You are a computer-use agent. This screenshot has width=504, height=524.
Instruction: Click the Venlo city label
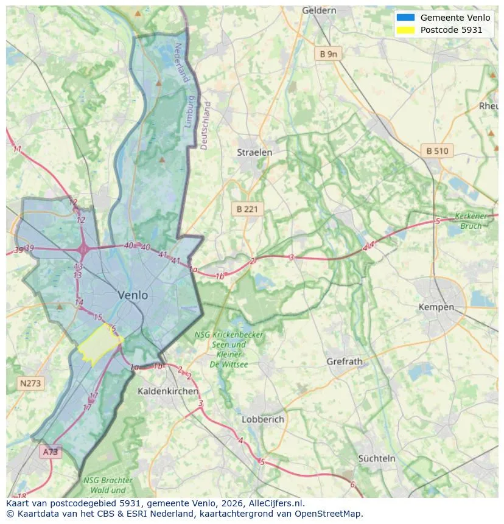[x=133, y=295]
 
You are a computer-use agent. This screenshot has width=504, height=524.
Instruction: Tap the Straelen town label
[x=254, y=152]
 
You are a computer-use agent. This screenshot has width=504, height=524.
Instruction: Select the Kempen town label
[x=436, y=307]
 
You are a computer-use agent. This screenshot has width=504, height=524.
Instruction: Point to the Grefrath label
[x=345, y=361]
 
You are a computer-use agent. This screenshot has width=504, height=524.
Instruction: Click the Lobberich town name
[x=263, y=419]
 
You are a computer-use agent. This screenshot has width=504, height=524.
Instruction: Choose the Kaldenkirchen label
[x=167, y=391]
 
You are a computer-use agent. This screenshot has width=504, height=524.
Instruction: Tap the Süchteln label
[x=377, y=458]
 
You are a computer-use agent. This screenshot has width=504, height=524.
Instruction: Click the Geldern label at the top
[x=319, y=10]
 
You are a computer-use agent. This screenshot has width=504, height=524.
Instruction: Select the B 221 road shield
[x=247, y=209]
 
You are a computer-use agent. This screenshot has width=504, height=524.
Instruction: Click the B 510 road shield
[x=437, y=151]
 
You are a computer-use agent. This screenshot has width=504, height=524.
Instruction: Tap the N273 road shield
[x=30, y=383]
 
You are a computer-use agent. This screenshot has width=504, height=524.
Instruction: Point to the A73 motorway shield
[x=51, y=452]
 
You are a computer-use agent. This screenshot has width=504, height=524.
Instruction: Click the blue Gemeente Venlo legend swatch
[x=405, y=18]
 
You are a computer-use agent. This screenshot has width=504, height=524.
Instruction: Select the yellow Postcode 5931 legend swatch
[x=405, y=30]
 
